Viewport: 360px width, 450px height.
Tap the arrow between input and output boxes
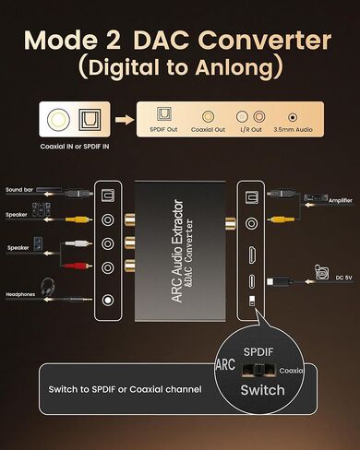[x=122, y=120]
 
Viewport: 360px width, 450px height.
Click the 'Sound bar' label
[x=19, y=190]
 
